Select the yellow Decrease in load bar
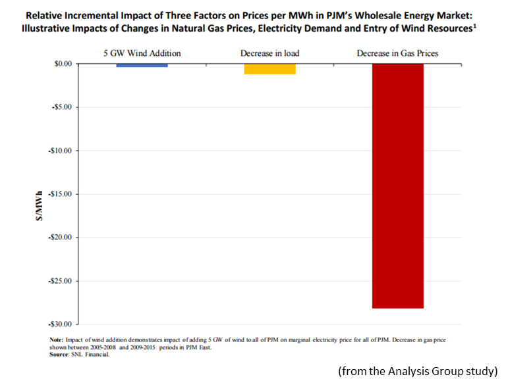(x=269, y=68)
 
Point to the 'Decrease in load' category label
(x=269, y=53)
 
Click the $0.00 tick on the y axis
(x=60, y=64)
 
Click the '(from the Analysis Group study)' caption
(x=418, y=371)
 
